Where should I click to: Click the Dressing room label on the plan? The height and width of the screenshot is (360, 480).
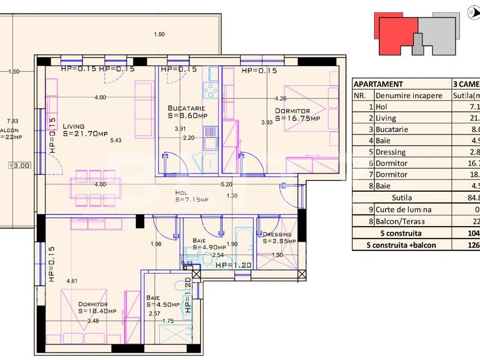click(x=276, y=235)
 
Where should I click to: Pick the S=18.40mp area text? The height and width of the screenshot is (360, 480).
click(x=93, y=311)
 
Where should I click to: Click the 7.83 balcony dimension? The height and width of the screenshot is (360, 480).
click(x=12, y=121)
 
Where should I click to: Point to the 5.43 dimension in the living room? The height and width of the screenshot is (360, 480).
click(x=116, y=140)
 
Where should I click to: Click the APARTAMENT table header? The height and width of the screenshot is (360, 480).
click(x=378, y=84)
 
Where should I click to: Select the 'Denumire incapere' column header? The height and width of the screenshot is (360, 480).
click(x=409, y=96)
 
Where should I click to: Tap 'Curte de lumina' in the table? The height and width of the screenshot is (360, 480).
click(x=404, y=209)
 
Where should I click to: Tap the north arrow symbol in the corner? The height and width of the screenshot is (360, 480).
click(x=472, y=10)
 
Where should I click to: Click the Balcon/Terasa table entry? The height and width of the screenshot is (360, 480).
click(x=404, y=221)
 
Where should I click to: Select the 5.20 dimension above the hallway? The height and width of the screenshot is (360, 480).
click(x=227, y=184)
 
